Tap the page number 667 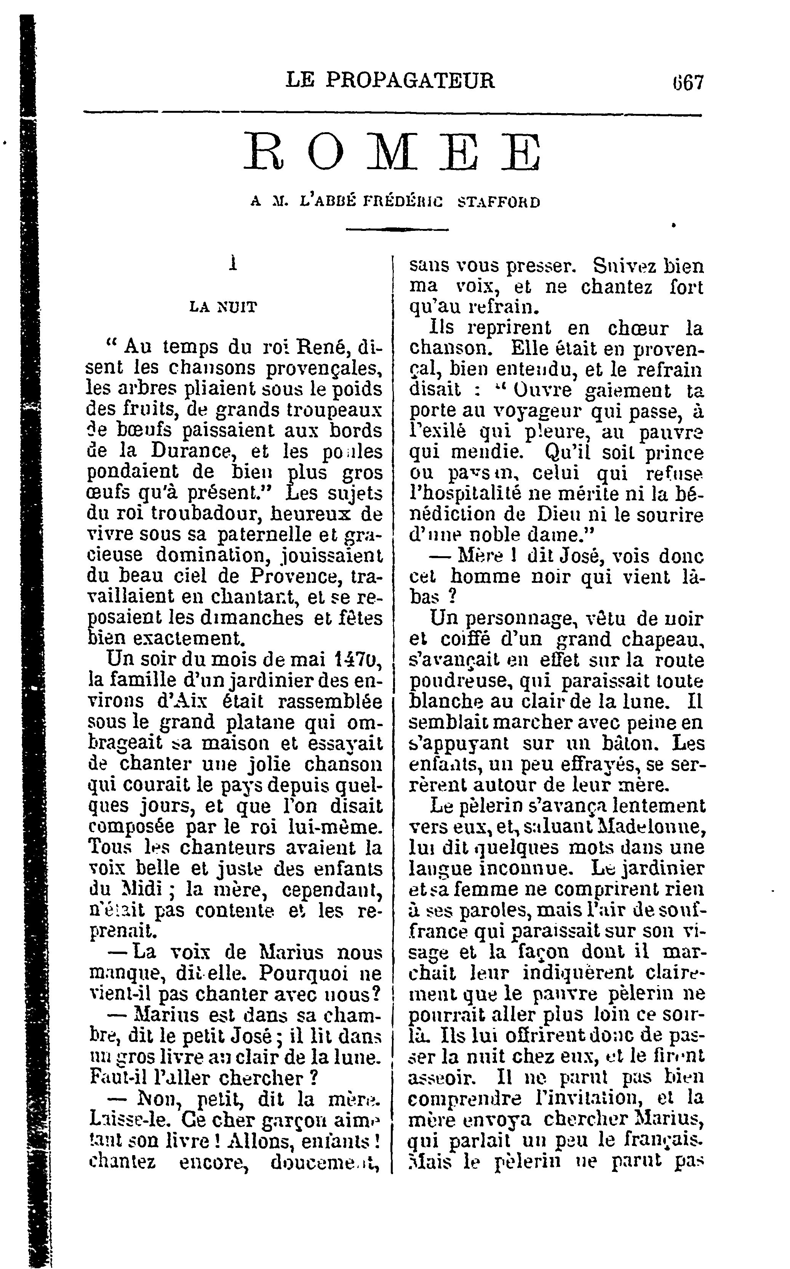click(x=688, y=83)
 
